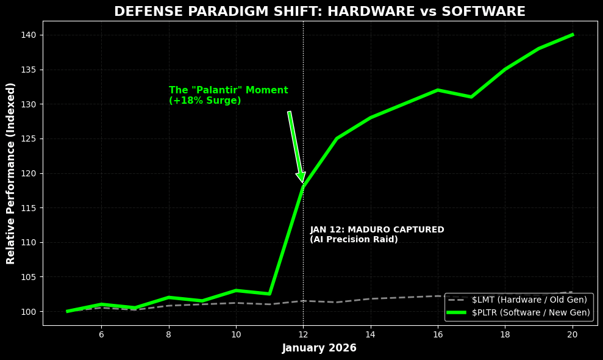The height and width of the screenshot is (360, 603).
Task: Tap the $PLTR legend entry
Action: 518,312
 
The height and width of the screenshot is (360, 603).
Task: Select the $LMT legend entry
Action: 518,300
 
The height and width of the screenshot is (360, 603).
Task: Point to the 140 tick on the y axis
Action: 30,35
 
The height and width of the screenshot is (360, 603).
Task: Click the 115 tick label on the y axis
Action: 30,208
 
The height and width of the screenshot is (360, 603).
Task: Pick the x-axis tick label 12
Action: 303,334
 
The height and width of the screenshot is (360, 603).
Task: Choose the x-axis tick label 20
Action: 572,334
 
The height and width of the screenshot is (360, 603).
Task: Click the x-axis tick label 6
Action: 101,334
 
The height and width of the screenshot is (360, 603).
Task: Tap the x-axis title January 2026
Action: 319,348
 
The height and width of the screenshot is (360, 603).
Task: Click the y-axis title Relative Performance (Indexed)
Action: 11,173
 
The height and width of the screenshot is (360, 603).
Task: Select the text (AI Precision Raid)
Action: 354,240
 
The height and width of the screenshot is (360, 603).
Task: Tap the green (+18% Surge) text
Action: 205,101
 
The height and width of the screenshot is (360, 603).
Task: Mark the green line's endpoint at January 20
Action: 572,35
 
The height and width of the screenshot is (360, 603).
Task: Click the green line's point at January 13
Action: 337,139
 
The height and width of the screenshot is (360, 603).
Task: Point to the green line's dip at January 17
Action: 471,97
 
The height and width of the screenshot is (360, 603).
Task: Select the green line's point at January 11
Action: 269,294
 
